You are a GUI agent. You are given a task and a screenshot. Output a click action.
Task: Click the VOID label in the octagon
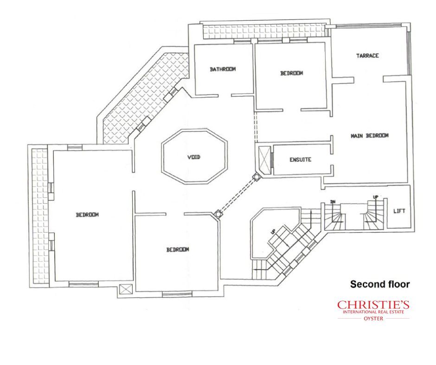click(x=193, y=157)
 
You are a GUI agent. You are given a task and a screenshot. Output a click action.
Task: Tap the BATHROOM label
click(x=223, y=69)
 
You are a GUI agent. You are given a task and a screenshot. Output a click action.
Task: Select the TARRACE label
click(x=367, y=56)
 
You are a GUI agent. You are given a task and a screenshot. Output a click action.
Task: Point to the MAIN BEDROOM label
click(x=370, y=136)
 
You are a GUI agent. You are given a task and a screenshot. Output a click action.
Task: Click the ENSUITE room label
click(x=300, y=160)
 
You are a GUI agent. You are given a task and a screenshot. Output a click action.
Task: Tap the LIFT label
click(x=399, y=211)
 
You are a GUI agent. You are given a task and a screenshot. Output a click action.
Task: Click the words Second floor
click(x=380, y=284)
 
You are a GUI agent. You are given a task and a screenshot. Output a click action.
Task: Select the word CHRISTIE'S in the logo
click(x=373, y=305)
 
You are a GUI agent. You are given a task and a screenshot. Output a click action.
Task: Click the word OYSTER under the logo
click(x=373, y=319)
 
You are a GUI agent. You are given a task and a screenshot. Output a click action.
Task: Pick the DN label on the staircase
click(x=332, y=201)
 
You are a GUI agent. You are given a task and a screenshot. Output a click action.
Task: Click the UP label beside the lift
click(x=375, y=197)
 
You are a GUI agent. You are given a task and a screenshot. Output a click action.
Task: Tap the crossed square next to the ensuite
click(x=264, y=159)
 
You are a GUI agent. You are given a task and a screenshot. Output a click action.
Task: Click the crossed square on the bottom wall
click(x=124, y=289)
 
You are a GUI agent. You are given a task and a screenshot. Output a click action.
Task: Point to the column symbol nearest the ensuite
click(x=256, y=177)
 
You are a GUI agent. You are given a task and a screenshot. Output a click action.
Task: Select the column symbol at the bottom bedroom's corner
click(x=218, y=214)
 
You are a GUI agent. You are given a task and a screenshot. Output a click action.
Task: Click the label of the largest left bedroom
click(x=87, y=215)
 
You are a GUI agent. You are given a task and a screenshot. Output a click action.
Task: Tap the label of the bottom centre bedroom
click(x=178, y=250)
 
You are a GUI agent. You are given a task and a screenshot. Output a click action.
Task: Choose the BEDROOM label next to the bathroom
click(x=291, y=73)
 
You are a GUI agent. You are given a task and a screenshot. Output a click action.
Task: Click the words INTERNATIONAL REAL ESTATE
click(x=373, y=312)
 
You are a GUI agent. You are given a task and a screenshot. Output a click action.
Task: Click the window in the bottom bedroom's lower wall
click(x=177, y=293)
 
